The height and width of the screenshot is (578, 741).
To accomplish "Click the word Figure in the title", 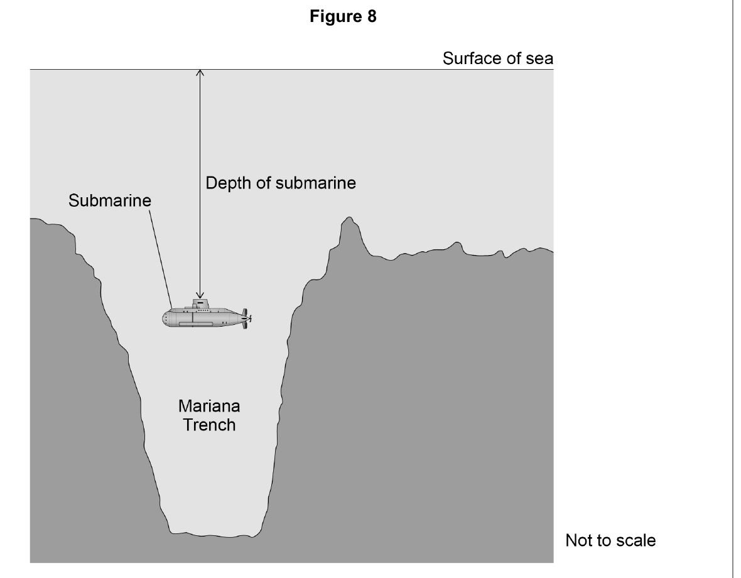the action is [x=335, y=16].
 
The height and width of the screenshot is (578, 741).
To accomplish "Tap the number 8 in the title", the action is [x=372, y=16].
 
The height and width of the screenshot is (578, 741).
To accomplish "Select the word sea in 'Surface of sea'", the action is [x=539, y=59].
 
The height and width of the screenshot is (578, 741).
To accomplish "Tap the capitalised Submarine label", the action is [x=110, y=200].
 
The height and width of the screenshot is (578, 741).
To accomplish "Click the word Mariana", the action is [x=209, y=406].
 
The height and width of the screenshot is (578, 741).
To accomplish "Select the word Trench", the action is [x=209, y=425].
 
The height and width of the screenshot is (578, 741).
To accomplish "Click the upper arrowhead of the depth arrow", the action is [x=200, y=73].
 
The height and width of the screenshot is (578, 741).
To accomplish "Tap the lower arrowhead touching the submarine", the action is [x=200, y=295].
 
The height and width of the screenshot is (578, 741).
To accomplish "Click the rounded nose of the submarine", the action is [x=166, y=319].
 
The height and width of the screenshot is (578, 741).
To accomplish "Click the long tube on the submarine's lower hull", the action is [x=195, y=324].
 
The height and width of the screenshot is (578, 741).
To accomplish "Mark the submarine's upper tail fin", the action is [x=244, y=312].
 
